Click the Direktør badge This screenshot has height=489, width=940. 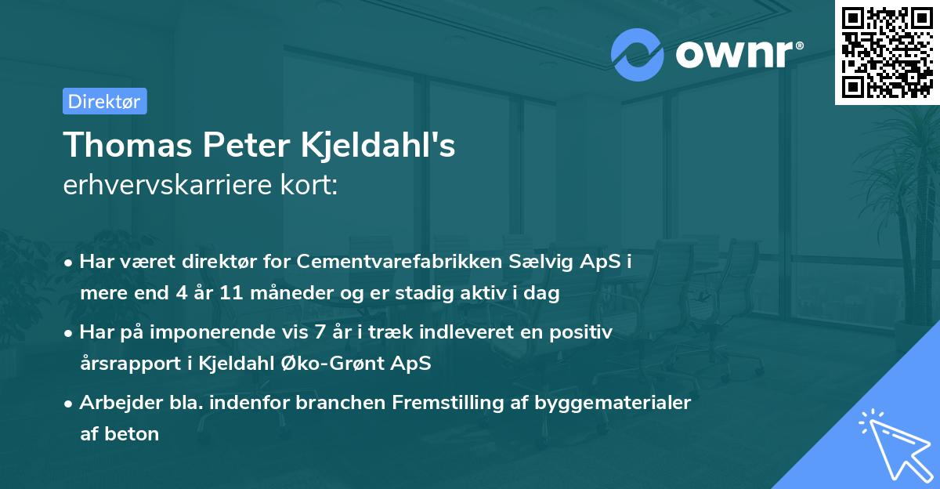104,101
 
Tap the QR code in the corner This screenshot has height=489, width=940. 887,53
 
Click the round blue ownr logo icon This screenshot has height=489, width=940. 638,55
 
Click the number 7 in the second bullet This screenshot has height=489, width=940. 319,332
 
